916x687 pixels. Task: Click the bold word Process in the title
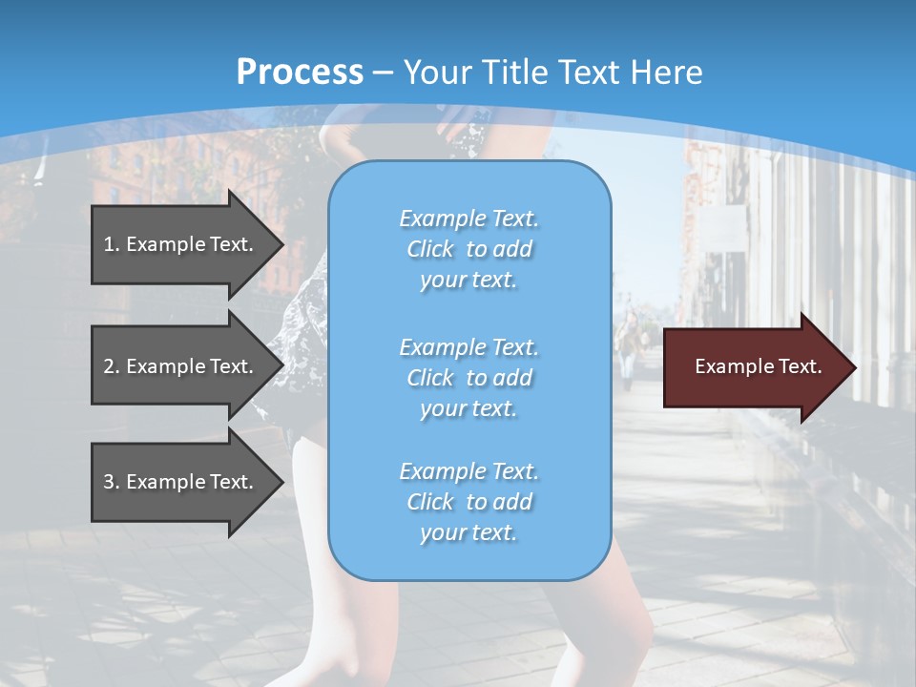point(300,73)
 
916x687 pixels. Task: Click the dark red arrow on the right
point(754,367)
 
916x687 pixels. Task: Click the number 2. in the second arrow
point(111,366)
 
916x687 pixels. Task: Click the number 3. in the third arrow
point(111,482)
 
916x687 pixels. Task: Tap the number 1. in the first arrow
point(111,244)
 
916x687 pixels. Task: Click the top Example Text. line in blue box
point(468,219)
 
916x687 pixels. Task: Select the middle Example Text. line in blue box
point(468,347)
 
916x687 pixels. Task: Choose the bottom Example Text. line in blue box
point(468,471)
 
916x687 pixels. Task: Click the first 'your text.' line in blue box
point(468,281)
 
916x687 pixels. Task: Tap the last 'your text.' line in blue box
point(468,533)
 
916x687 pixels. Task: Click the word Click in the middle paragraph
point(429,379)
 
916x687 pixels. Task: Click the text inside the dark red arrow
point(758,366)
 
